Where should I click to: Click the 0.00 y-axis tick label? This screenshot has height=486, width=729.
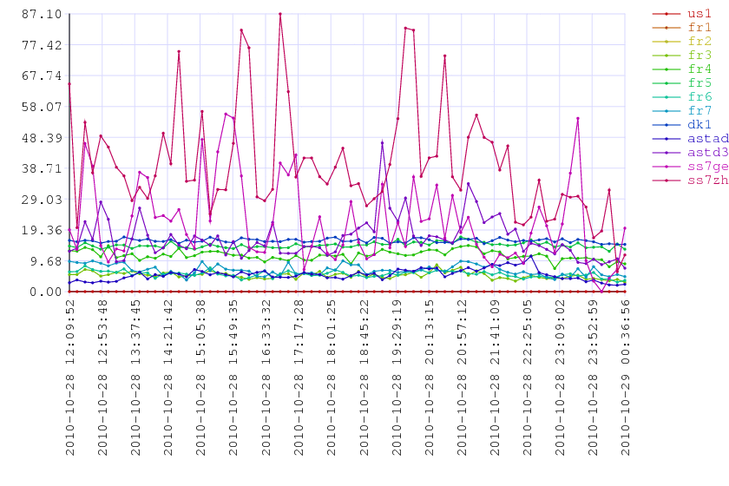pos(36,292)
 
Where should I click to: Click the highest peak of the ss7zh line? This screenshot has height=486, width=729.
pos(280,14)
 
